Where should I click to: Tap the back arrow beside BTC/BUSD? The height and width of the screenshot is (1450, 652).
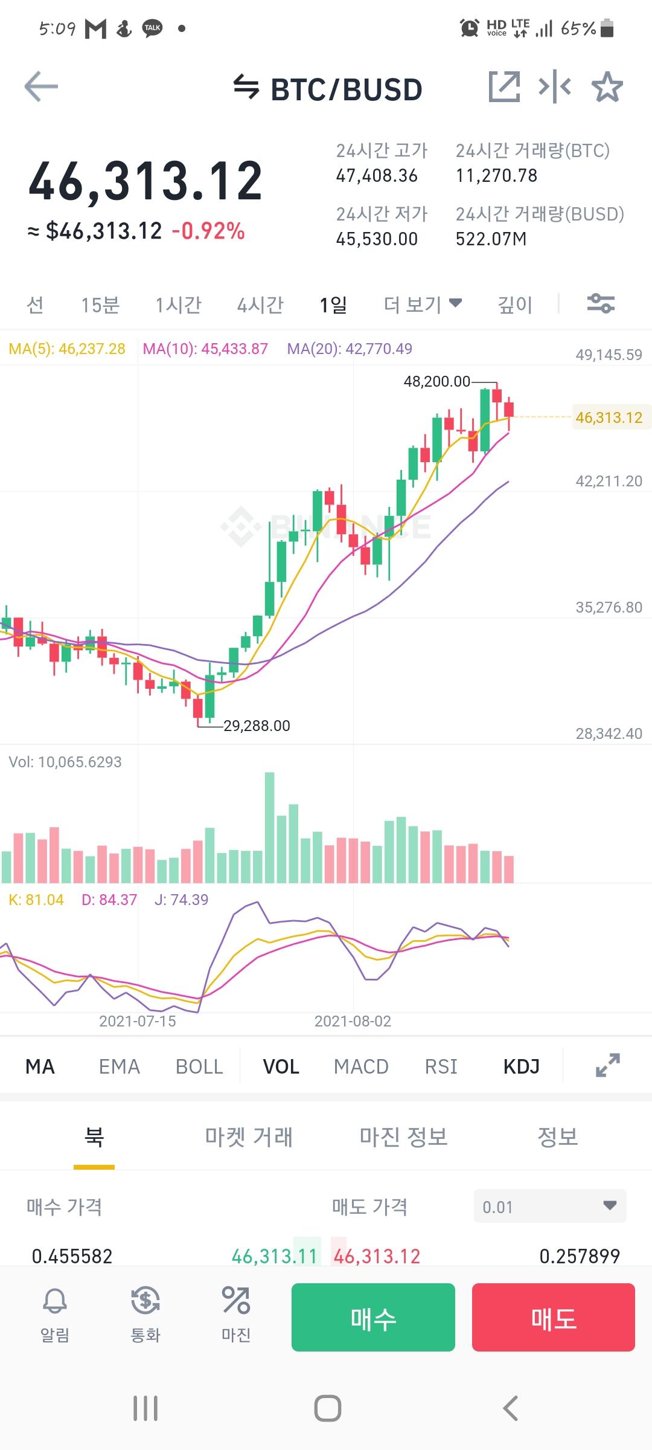coord(41,88)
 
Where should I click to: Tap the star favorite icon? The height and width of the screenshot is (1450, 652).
coord(607,88)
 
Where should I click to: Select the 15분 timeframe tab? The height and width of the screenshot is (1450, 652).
coord(100,305)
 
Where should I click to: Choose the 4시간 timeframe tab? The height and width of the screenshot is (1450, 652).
coord(260,305)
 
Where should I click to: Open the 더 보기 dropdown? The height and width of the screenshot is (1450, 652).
coord(423,304)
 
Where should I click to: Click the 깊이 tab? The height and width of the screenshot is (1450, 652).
coord(515,305)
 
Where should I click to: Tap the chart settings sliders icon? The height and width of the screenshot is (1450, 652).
coord(601,303)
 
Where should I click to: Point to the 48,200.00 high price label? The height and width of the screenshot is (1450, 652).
coord(436,381)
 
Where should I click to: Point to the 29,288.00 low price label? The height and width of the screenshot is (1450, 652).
coord(257,726)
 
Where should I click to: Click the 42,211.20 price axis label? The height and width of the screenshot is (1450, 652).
coord(609,481)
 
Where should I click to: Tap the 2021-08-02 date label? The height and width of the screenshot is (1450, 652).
coord(353,1021)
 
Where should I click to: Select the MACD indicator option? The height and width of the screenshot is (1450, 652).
coord(361,1066)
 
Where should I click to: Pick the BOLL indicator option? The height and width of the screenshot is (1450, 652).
coord(199,1066)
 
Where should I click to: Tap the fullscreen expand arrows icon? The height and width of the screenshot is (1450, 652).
coord(607,1065)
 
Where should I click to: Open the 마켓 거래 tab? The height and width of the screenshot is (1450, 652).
coord(249,1137)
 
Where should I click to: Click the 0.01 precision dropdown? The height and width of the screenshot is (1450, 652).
coord(549,1207)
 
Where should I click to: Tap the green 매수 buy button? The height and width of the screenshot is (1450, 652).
coord(373,1317)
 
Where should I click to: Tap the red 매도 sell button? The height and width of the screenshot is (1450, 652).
coord(553,1317)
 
